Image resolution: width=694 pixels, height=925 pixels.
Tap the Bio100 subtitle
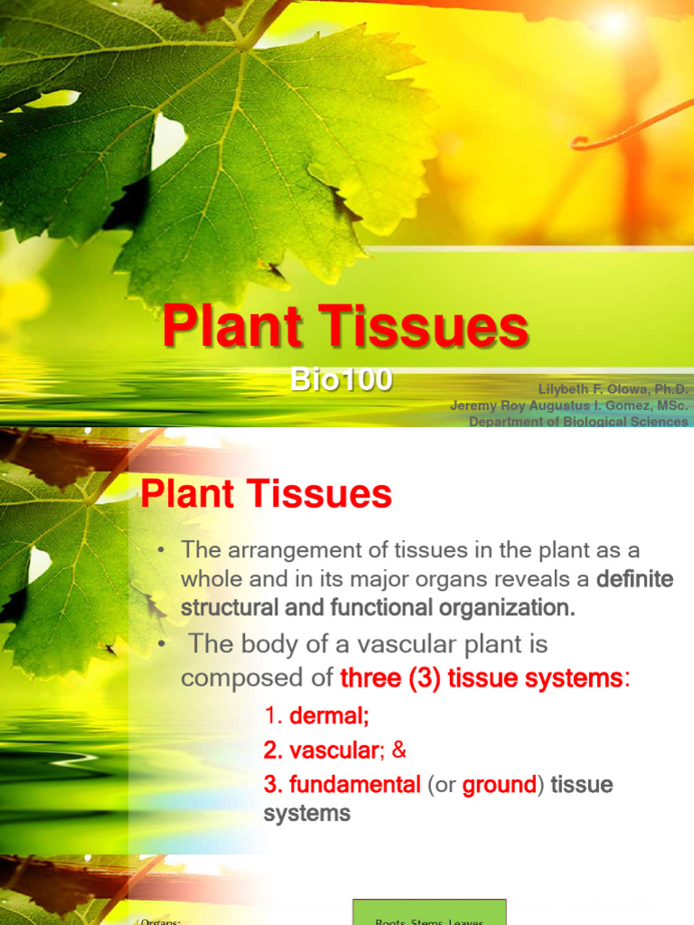[342, 380]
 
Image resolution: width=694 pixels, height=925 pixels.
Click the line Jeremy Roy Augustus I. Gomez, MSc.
[569, 406]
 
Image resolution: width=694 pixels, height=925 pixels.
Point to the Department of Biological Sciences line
[578, 422]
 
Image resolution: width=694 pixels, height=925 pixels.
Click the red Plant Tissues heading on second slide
[267, 494]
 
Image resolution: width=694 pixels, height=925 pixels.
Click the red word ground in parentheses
[499, 785]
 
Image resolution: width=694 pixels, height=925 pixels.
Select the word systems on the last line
[307, 813]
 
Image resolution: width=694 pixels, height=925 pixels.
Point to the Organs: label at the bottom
[164, 920]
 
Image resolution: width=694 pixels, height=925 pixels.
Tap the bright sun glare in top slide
[614, 23]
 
